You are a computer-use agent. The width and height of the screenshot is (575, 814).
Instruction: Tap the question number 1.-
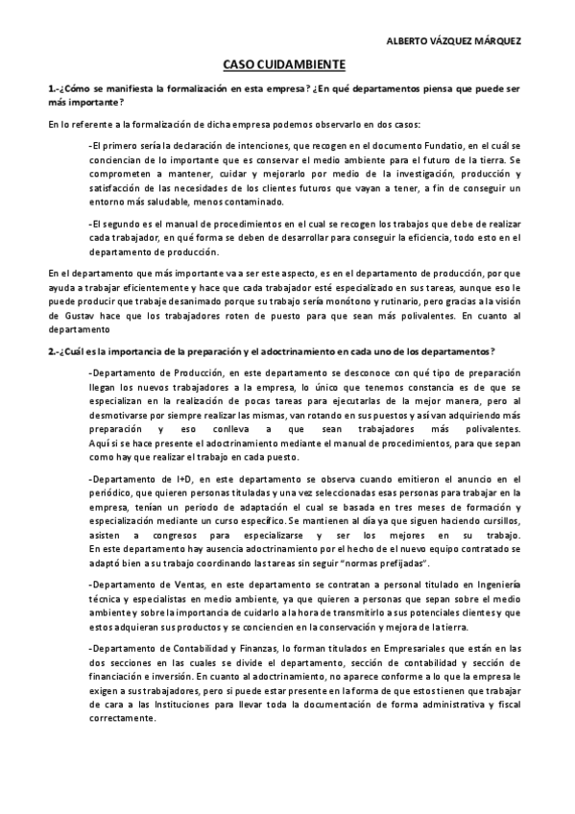(x=55, y=88)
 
